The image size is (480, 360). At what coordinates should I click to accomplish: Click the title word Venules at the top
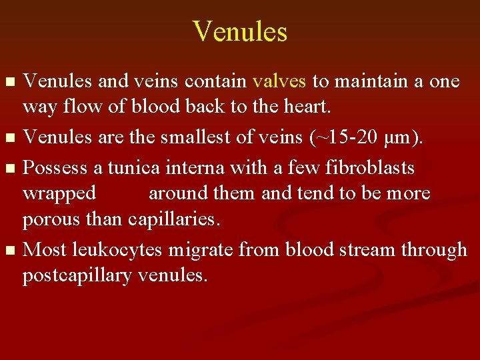pos(240,31)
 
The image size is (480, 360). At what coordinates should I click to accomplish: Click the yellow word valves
pos(279,81)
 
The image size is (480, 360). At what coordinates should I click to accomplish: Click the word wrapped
pos(59,194)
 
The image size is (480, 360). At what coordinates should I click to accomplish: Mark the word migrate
pos(201,249)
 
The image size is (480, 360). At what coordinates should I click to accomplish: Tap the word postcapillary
pos(77,275)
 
